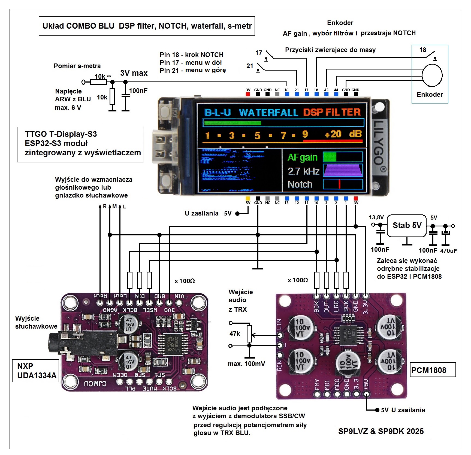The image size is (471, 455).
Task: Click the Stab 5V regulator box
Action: click(x=406, y=226)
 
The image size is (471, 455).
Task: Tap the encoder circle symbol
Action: click(x=432, y=75)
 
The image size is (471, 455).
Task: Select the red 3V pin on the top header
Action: click(x=248, y=94)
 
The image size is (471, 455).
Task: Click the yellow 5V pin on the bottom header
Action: click(x=248, y=198)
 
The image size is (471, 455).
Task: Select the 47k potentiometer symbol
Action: click(x=249, y=333)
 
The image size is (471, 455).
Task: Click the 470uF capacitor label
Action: click(x=448, y=251)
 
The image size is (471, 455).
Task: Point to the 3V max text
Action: click(x=134, y=73)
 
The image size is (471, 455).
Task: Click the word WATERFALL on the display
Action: click(x=268, y=113)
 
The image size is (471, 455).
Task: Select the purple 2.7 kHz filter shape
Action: click(x=343, y=171)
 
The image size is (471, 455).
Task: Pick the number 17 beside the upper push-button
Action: click(x=259, y=53)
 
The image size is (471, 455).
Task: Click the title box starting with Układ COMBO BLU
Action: click(x=147, y=26)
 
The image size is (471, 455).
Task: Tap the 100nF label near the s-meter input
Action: click(x=138, y=91)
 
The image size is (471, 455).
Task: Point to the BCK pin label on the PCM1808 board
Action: click(x=317, y=307)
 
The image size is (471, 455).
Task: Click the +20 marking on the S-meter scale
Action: click(x=333, y=134)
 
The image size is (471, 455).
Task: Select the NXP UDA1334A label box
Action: click(x=36, y=371)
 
